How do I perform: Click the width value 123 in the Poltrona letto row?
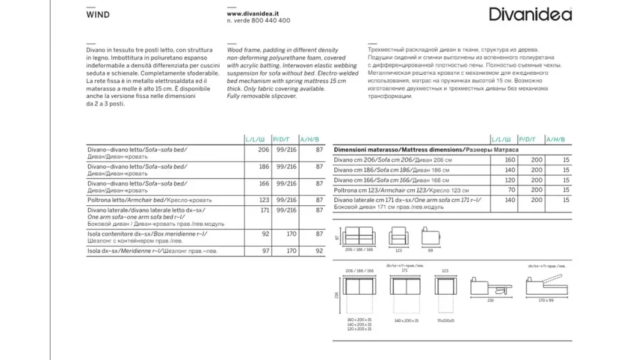pyautogui.click(x=258, y=200)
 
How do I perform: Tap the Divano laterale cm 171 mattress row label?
pyautogui.click(x=409, y=204)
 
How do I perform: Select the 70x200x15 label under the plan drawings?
pyautogui.click(x=445, y=319)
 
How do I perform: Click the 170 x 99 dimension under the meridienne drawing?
pyautogui.click(x=545, y=300)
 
